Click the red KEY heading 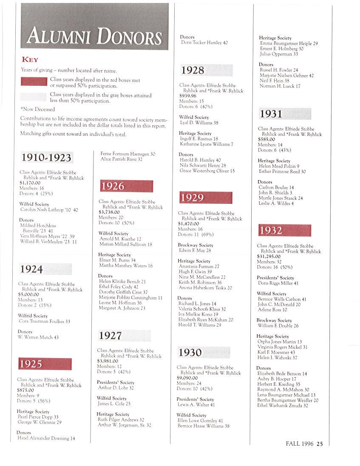click(x=30, y=59)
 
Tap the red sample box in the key click(x=34, y=81)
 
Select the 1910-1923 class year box click(x=46, y=158)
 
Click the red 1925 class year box click(x=45, y=364)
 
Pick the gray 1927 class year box click(x=124, y=336)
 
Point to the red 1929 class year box click(x=206, y=198)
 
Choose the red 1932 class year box click(x=284, y=230)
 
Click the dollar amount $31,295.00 click(x=269, y=257)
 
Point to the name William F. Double click(x=278, y=326)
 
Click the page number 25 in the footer click(x=320, y=444)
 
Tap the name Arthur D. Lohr click(x=116, y=388)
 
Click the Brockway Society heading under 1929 click(x=196, y=245)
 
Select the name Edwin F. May click(x=195, y=251)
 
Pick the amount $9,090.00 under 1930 click(x=187, y=378)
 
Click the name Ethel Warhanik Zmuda click(x=283, y=406)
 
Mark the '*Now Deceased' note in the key click(x=38, y=109)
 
